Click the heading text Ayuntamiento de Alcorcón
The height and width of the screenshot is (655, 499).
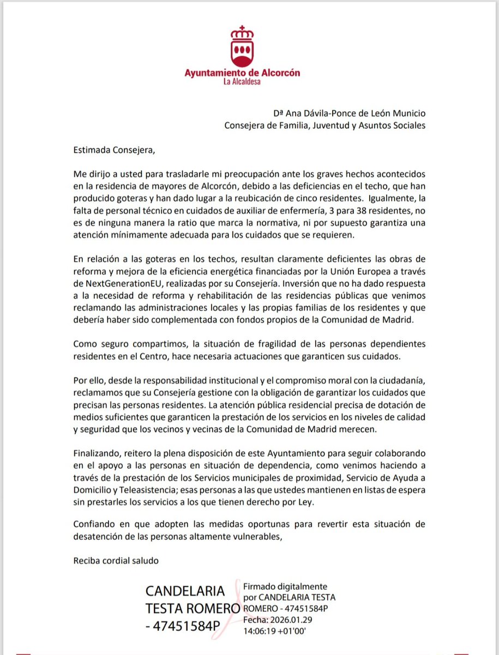[242, 73]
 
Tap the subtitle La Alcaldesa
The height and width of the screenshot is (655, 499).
[242, 83]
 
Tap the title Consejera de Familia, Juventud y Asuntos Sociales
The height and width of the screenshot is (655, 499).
[326, 125]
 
